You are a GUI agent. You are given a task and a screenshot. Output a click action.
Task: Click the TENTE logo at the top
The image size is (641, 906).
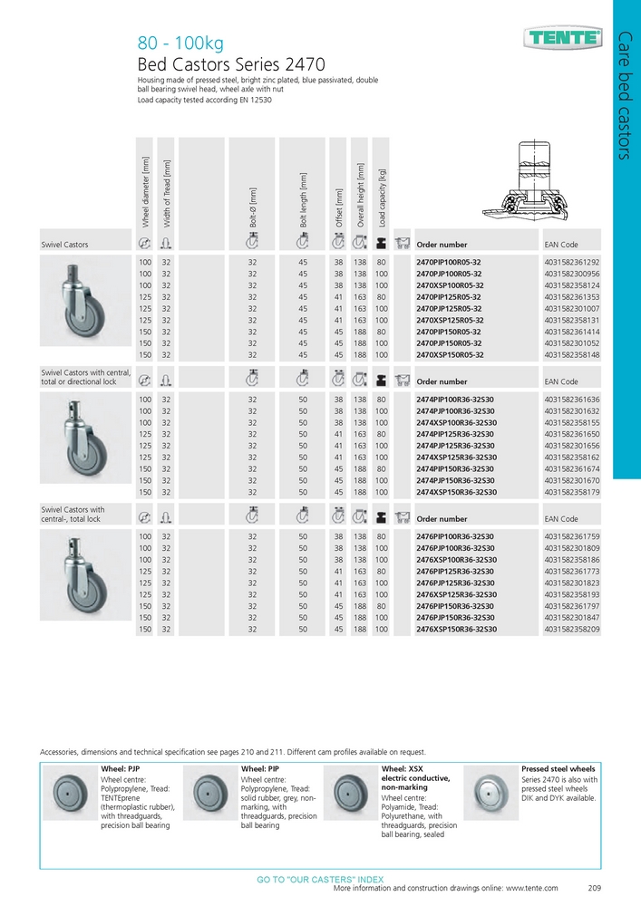(562, 38)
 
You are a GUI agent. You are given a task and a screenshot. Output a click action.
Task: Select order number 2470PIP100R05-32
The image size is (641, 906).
(449, 261)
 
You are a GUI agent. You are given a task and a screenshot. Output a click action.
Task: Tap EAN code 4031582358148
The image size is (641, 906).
(572, 355)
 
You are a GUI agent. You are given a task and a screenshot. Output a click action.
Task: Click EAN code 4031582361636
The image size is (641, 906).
(572, 399)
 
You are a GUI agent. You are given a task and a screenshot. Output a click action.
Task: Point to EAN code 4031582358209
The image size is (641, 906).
(572, 630)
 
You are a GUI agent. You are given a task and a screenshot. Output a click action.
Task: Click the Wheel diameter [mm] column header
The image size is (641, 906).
(144, 191)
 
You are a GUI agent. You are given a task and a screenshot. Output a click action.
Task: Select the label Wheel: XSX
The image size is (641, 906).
(402, 768)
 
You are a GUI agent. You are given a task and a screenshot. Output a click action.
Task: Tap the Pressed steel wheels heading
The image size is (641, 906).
(558, 768)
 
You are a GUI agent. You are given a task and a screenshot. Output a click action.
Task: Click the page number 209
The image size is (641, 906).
(595, 888)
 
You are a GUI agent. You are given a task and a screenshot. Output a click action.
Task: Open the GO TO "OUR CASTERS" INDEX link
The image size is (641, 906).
(320, 879)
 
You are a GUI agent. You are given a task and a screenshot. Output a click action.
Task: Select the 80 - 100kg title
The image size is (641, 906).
(180, 43)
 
